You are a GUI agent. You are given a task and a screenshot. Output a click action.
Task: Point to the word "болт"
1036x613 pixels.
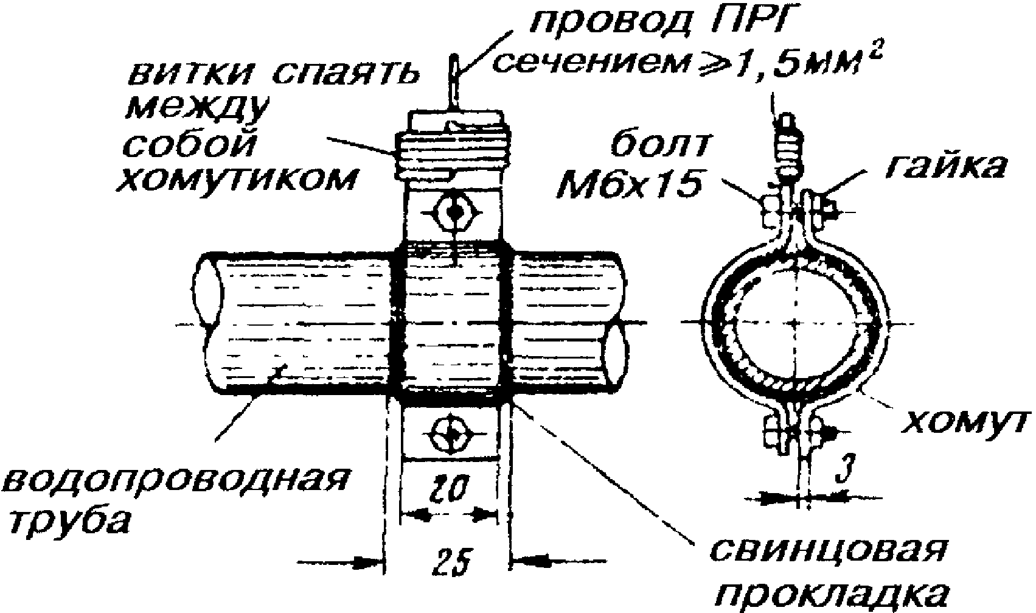661,145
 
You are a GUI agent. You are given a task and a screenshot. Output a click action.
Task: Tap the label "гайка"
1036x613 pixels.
947,167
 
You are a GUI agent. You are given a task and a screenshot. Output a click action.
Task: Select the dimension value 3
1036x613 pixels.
843,471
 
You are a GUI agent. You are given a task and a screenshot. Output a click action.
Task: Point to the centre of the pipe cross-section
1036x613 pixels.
795,323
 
